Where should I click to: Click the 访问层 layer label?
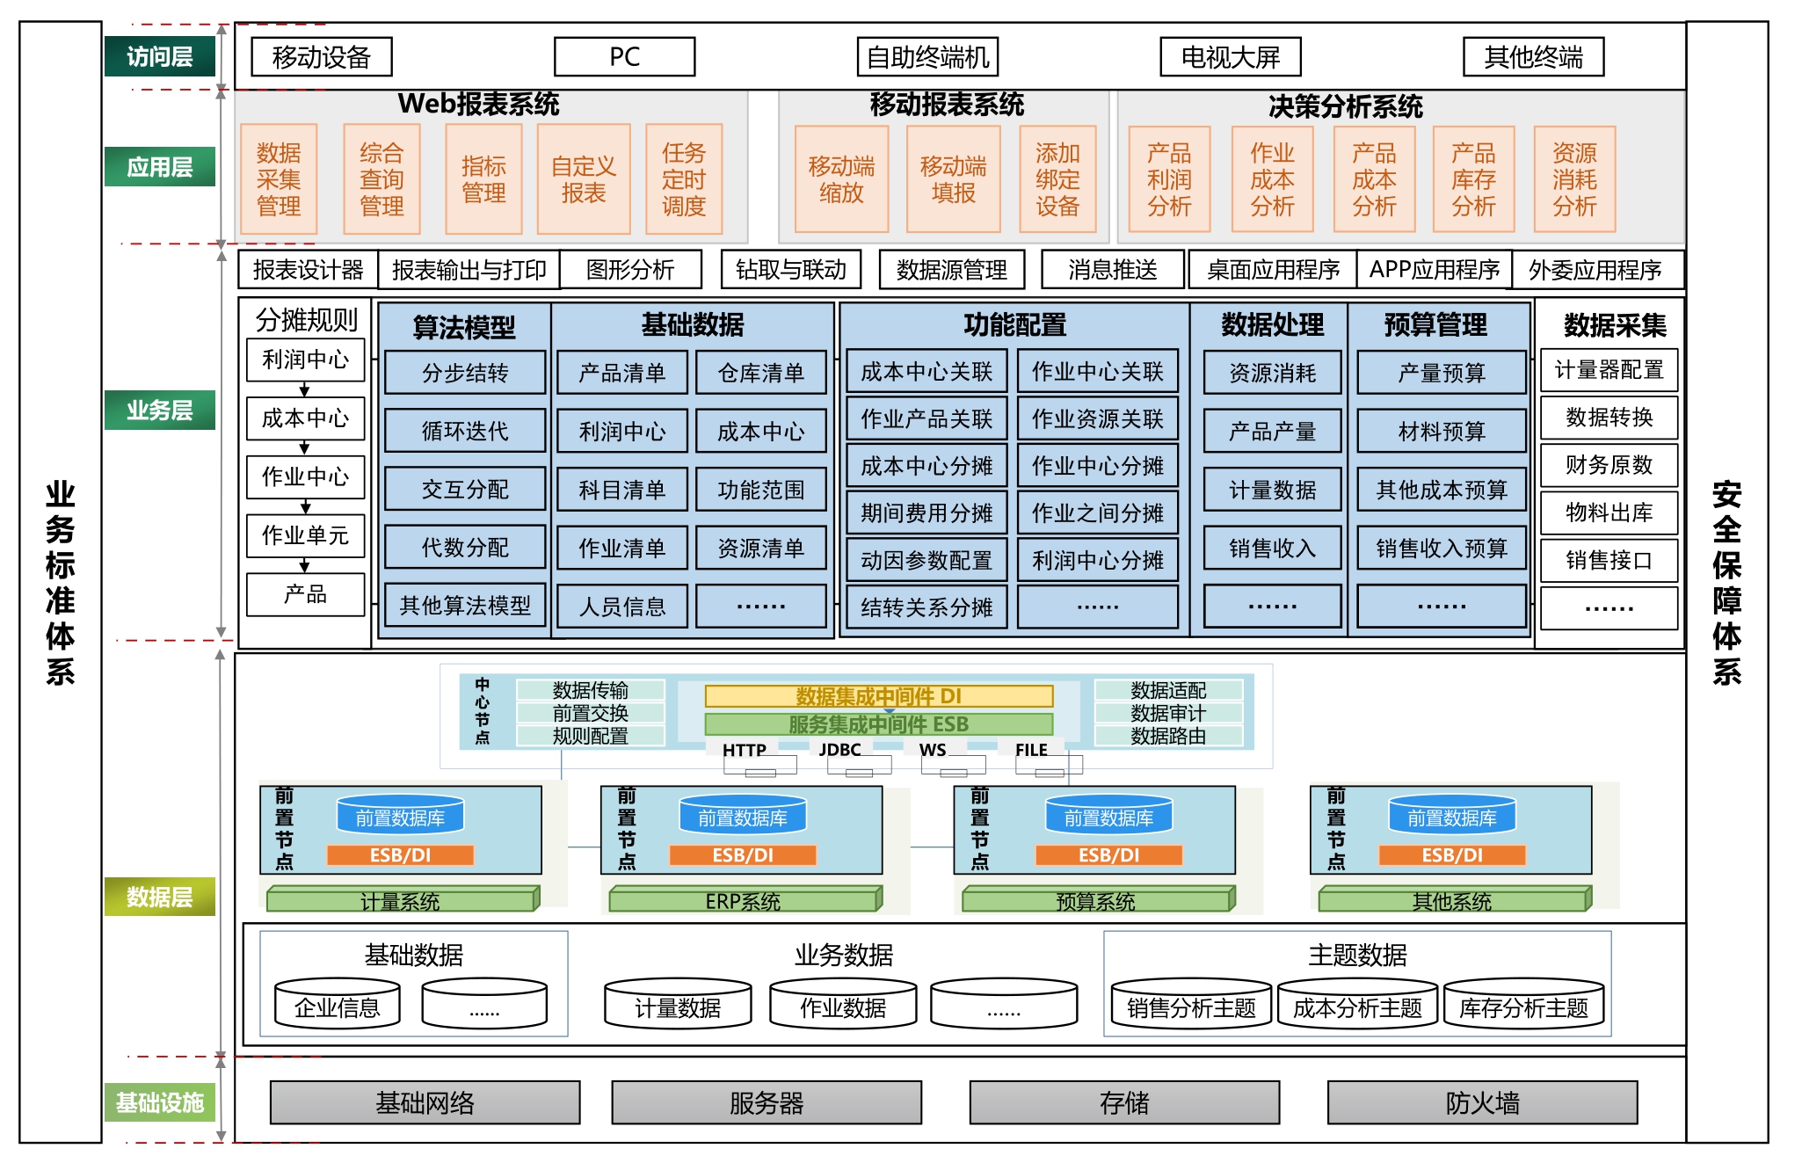(x=159, y=57)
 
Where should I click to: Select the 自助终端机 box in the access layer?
(x=927, y=57)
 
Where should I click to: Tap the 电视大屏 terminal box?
(x=1230, y=57)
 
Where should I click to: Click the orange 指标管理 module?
(x=483, y=179)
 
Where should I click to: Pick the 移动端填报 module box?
(x=953, y=179)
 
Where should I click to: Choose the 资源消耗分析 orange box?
(x=1573, y=179)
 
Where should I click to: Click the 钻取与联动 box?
(x=790, y=270)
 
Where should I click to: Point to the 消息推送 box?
(x=1112, y=270)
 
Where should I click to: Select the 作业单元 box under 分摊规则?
(x=305, y=535)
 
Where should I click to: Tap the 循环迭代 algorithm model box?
(x=465, y=431)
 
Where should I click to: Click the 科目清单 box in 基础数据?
(x=621, y=490)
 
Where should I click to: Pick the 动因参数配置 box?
(x=926, y=560)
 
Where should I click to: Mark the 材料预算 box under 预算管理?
(x=1441, y=431)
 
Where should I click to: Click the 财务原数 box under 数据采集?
(x=1609, y=465)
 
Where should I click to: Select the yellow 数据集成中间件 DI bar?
(x=878, y=696)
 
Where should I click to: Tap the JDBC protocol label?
(x=839, y=750)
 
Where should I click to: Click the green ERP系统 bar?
(x=743, y=900)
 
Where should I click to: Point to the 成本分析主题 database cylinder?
(x=1357, y=1007)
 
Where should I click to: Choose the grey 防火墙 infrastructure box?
(x=1482, y=1102)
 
